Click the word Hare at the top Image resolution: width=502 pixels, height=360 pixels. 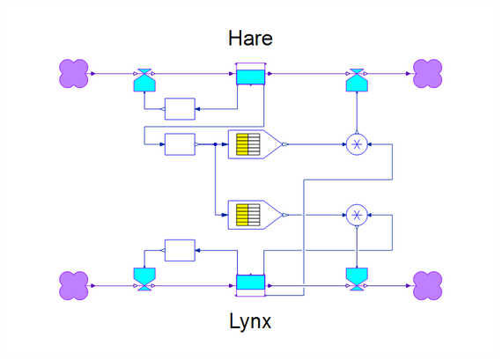point(250,38)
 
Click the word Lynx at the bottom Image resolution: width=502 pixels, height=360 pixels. point(250,321)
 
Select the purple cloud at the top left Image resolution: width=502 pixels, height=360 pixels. point(74,73)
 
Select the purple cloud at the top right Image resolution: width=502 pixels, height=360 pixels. point(428,73)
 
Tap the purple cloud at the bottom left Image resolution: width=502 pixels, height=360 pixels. point(74,286)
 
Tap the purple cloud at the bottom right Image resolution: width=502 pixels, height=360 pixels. point(428,286)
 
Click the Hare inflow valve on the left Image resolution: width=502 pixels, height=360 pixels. point(144,80)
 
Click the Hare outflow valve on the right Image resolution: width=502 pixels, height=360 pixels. point(357,80)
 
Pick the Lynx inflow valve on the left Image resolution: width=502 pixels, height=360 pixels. point(144,279)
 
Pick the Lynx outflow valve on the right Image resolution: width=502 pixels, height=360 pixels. point(357,279)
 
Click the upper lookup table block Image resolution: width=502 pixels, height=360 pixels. point(255,144)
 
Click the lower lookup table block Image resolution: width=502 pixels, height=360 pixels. point(255,215)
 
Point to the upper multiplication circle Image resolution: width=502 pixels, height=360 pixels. point(357,144)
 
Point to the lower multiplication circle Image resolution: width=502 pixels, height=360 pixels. point(357,215)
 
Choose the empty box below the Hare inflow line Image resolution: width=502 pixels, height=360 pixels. point(180,109)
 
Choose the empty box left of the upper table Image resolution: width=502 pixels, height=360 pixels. point(180,144)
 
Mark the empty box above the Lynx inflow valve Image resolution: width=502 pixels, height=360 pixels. point(180,250)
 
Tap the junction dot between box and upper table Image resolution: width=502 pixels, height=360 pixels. point(216,144)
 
